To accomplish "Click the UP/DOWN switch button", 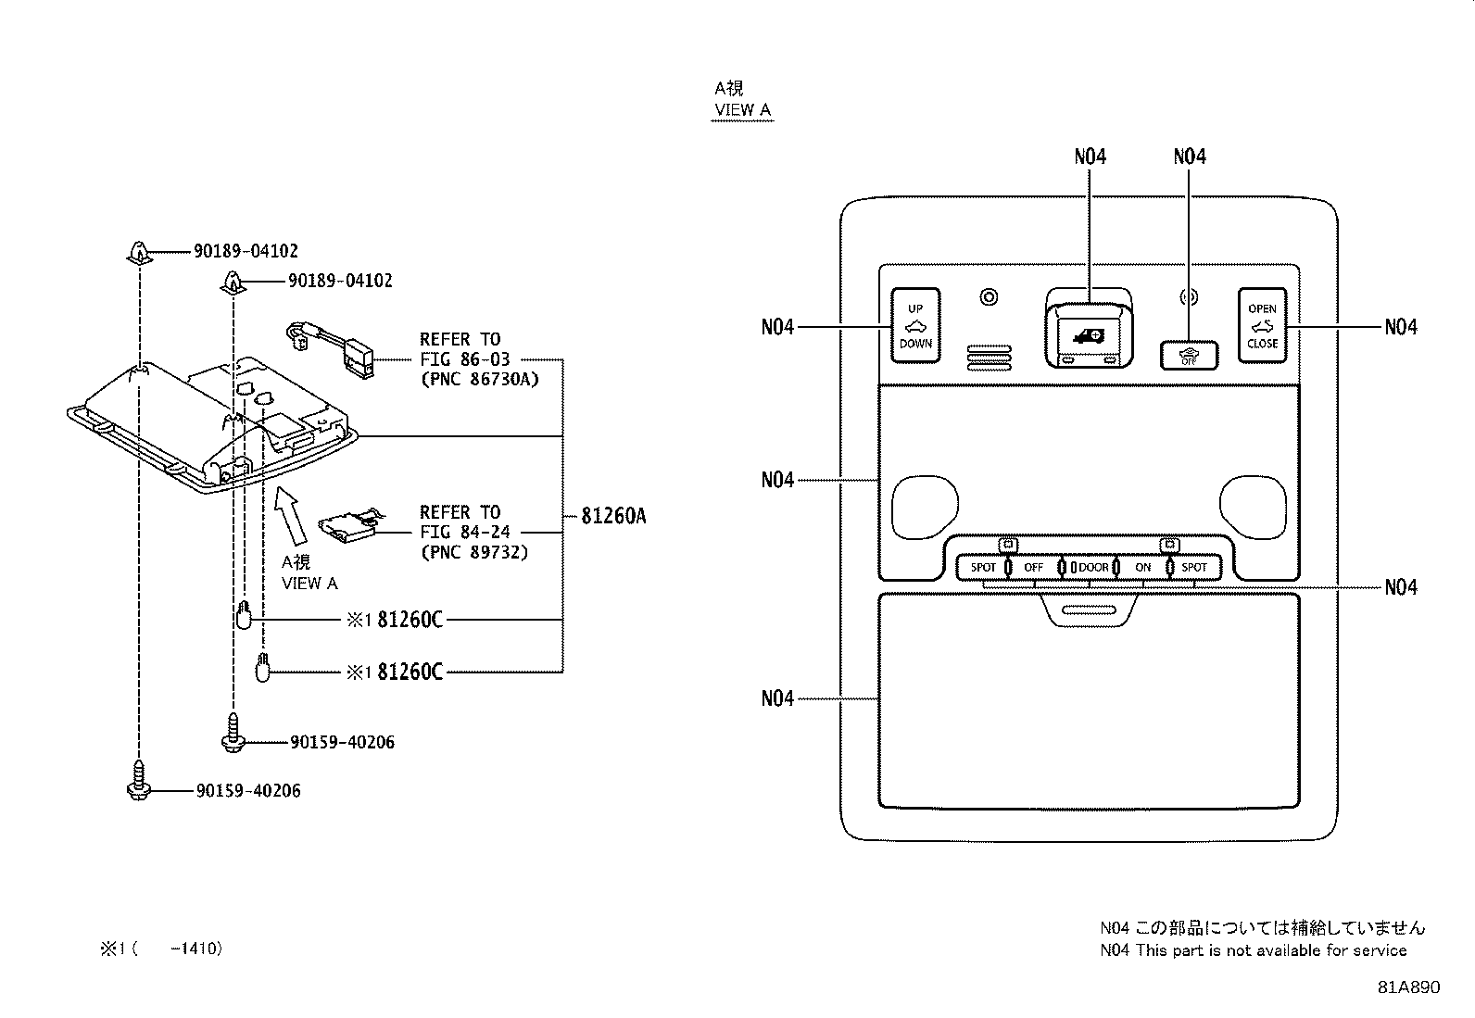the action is (x=915, y=325).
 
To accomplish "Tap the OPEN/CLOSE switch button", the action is (x=1262, y=325).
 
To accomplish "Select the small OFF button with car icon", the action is (x=1189, y=356).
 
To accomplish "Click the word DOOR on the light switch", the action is (x=1093, y=568).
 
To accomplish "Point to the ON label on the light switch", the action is (x=1143, y=568).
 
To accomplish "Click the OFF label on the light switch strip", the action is (x=1033, y=568).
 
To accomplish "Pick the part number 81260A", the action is (x=613, y=516).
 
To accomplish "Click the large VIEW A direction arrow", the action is (x=290, y=516).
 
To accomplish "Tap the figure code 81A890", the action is (x=1408, y=987).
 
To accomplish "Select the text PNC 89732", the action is (x=474, y=552).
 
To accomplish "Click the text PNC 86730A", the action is (x=479, y=379).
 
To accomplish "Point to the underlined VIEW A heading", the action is (x=742, y=110).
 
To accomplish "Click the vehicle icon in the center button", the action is (x=1090, y=336).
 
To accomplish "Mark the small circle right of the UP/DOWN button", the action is (x=989, y=297).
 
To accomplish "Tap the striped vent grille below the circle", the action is (x=989, y=357).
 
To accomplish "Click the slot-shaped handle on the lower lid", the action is (x=1090, y=610).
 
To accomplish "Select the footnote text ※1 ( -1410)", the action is (x=161, y=949).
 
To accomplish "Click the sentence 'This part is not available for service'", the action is (x=1271, y=950).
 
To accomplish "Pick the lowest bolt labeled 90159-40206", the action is (x=138, y=780).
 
